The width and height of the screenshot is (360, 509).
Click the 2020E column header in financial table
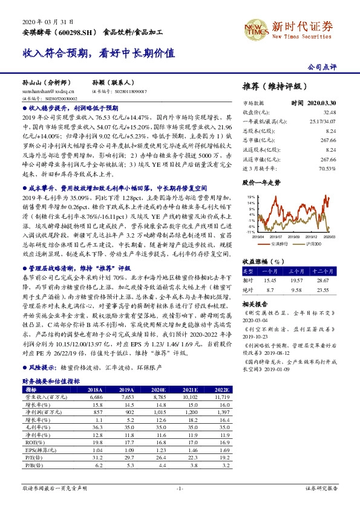point(159,391)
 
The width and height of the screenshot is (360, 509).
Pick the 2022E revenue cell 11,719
point(221,398)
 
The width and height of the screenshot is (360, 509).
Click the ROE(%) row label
point(31,441)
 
